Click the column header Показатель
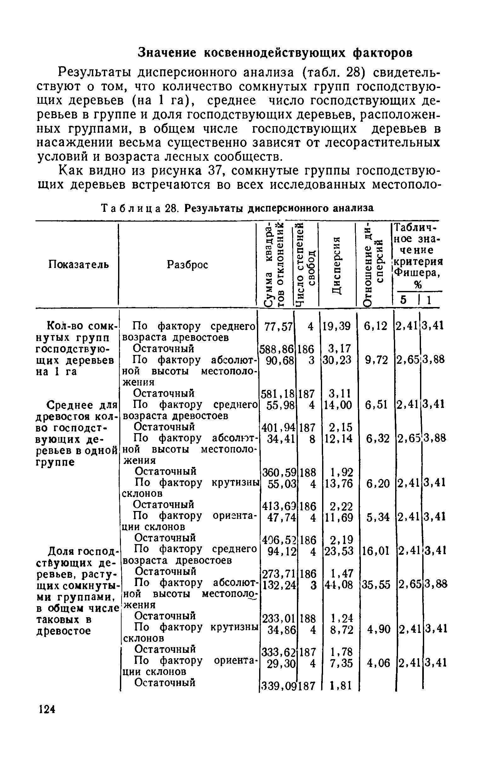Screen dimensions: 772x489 pyautogui.click(x=78, y=264)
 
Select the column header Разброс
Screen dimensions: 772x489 pyautogui.click(x=187, y=265)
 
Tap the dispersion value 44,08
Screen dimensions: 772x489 pyautogui.click(x=339, y=585)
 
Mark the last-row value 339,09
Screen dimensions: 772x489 pyautogui.click(x=277, y=686)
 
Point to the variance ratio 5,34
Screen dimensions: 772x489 pyautogui.click(x=378, y=517)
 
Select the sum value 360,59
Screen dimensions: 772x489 pyautogui.click(x=278, y=473)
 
